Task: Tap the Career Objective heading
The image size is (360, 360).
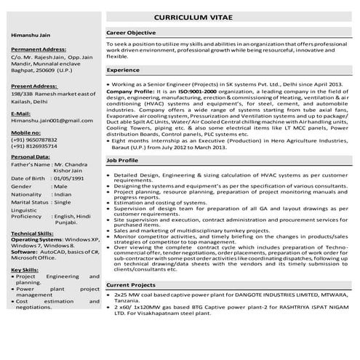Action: coord(131,33)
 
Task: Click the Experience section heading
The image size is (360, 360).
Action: coord(123,70)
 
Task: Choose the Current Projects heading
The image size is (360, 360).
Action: coord(132,284)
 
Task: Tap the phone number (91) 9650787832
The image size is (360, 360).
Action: coord(36,139)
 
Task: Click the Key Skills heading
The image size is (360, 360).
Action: coord(25,270)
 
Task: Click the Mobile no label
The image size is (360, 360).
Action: coord(26,133)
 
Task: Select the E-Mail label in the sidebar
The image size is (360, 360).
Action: coord(21,113)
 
